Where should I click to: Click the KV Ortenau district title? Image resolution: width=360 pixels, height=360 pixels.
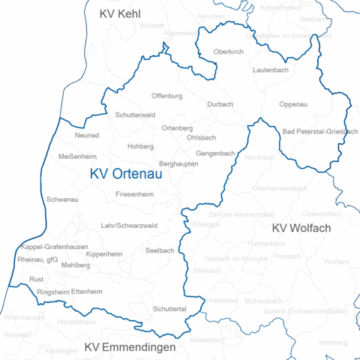[x=126, y=173]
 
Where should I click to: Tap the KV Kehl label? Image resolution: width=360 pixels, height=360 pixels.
[x=120, y=13]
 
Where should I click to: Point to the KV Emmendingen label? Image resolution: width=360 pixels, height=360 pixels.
[x=130, y=347]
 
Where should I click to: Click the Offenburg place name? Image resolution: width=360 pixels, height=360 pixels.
[x=166, y=97]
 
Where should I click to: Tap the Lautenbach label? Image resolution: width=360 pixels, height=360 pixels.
[x=271, y=69]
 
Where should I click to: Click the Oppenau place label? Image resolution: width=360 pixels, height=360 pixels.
[x=292, y=104]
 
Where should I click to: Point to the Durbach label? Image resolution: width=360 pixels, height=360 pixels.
[x=220, y=104]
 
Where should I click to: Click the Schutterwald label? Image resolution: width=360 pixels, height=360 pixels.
[x=136, y=115]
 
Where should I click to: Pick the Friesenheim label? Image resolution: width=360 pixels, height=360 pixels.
[x=135, y=194]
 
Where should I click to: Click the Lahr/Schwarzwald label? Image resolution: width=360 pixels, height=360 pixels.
[x=129, y=225]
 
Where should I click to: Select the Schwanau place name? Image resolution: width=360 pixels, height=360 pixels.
[x=62, y=200]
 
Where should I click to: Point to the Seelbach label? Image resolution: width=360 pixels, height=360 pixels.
[x=160, y=250]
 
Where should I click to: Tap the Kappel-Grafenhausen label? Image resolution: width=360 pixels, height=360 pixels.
[x=55, y=247]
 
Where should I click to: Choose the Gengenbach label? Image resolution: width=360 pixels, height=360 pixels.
[x=215, y=153]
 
